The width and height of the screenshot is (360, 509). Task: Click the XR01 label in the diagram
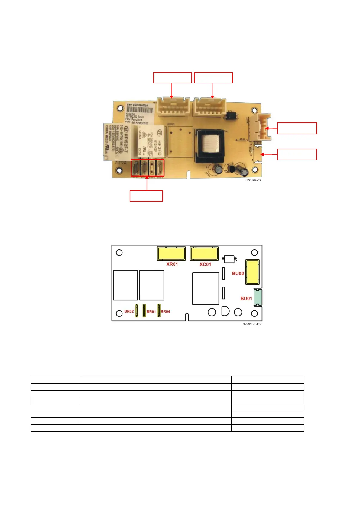[x=172, y=264]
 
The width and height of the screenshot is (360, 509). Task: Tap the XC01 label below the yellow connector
[x=205, y=264]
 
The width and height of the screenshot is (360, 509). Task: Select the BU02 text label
[x=238, y=274]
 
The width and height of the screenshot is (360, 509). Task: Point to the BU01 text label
[x=246, y=298]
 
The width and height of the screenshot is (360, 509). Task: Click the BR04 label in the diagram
[x=165, y=312]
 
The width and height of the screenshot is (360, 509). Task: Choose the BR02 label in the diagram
[x=129, y=311]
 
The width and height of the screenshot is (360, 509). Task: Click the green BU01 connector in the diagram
[x=258, y=297]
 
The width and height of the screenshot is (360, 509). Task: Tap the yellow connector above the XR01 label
[x=171, y=253]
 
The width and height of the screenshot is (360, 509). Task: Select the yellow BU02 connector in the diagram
[x=252, y=272]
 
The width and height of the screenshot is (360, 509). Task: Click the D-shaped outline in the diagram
[x=225, y=311]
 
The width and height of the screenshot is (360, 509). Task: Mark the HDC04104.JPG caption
[x=252, y=324]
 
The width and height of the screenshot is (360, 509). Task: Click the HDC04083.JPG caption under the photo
[x=253, y=180]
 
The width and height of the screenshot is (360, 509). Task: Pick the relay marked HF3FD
[x=151, y=141]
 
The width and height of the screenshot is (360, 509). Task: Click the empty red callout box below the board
[x=146, y=196]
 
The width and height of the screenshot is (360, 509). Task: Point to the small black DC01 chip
[x=231, y=115]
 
